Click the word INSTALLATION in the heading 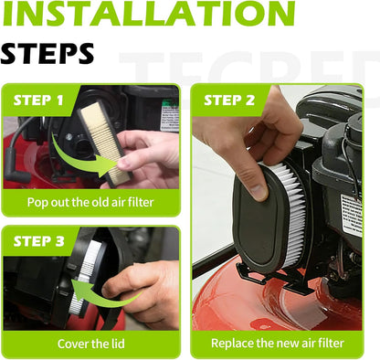tap(149, 13)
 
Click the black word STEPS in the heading tap(47, 53)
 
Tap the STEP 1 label tap(38, 101)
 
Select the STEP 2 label tap(229, 101)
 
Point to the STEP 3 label tap(38, 241)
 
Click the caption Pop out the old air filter tap(90, 202)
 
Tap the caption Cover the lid tap(91, 344)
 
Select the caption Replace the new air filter tap(278, 344)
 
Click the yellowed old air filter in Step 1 tap(105, 143)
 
